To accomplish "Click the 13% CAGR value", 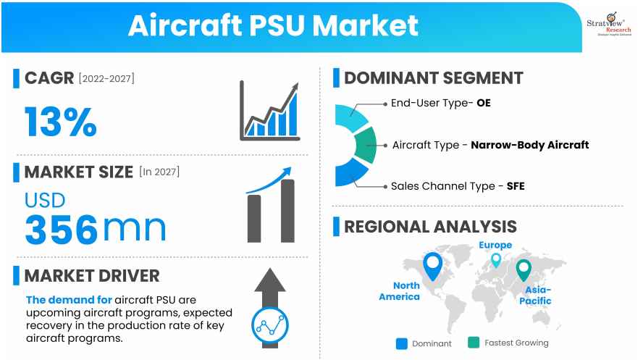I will (x=60, y=121).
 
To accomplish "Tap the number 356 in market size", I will (x=61, y=228).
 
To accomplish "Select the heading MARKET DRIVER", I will (x=91, y=275).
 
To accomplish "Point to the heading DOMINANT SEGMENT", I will (x=433, y=78).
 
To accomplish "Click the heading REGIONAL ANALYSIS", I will (x=430, y=226).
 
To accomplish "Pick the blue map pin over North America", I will (x=433, y=266).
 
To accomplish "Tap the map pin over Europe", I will (x=495, y=259).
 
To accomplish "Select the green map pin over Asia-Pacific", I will (x=523, y=269).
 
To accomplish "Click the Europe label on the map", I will (x=495, y=245).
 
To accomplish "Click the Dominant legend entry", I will (x=425, y=343).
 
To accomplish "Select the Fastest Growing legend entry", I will (x=510, y=343).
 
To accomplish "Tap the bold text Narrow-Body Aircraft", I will (x=529, y=144).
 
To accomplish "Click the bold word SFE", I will (x=516, y=186).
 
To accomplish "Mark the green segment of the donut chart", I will (x=366, y=145).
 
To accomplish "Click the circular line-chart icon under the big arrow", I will (x=270, y=327).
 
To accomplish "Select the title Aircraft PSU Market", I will (x=273, y=25).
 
